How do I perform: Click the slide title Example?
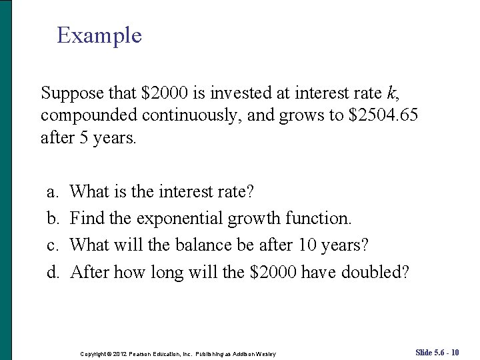tap(99, 35)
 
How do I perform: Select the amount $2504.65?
tap(383, 115)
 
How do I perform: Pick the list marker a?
tap(51, 192)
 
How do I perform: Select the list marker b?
tap(51, 218)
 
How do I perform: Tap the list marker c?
tap(51, 245)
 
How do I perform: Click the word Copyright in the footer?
tap(94, 353)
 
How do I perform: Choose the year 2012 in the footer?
tap(121, 353)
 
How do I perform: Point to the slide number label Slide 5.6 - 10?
tap(437, 352)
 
